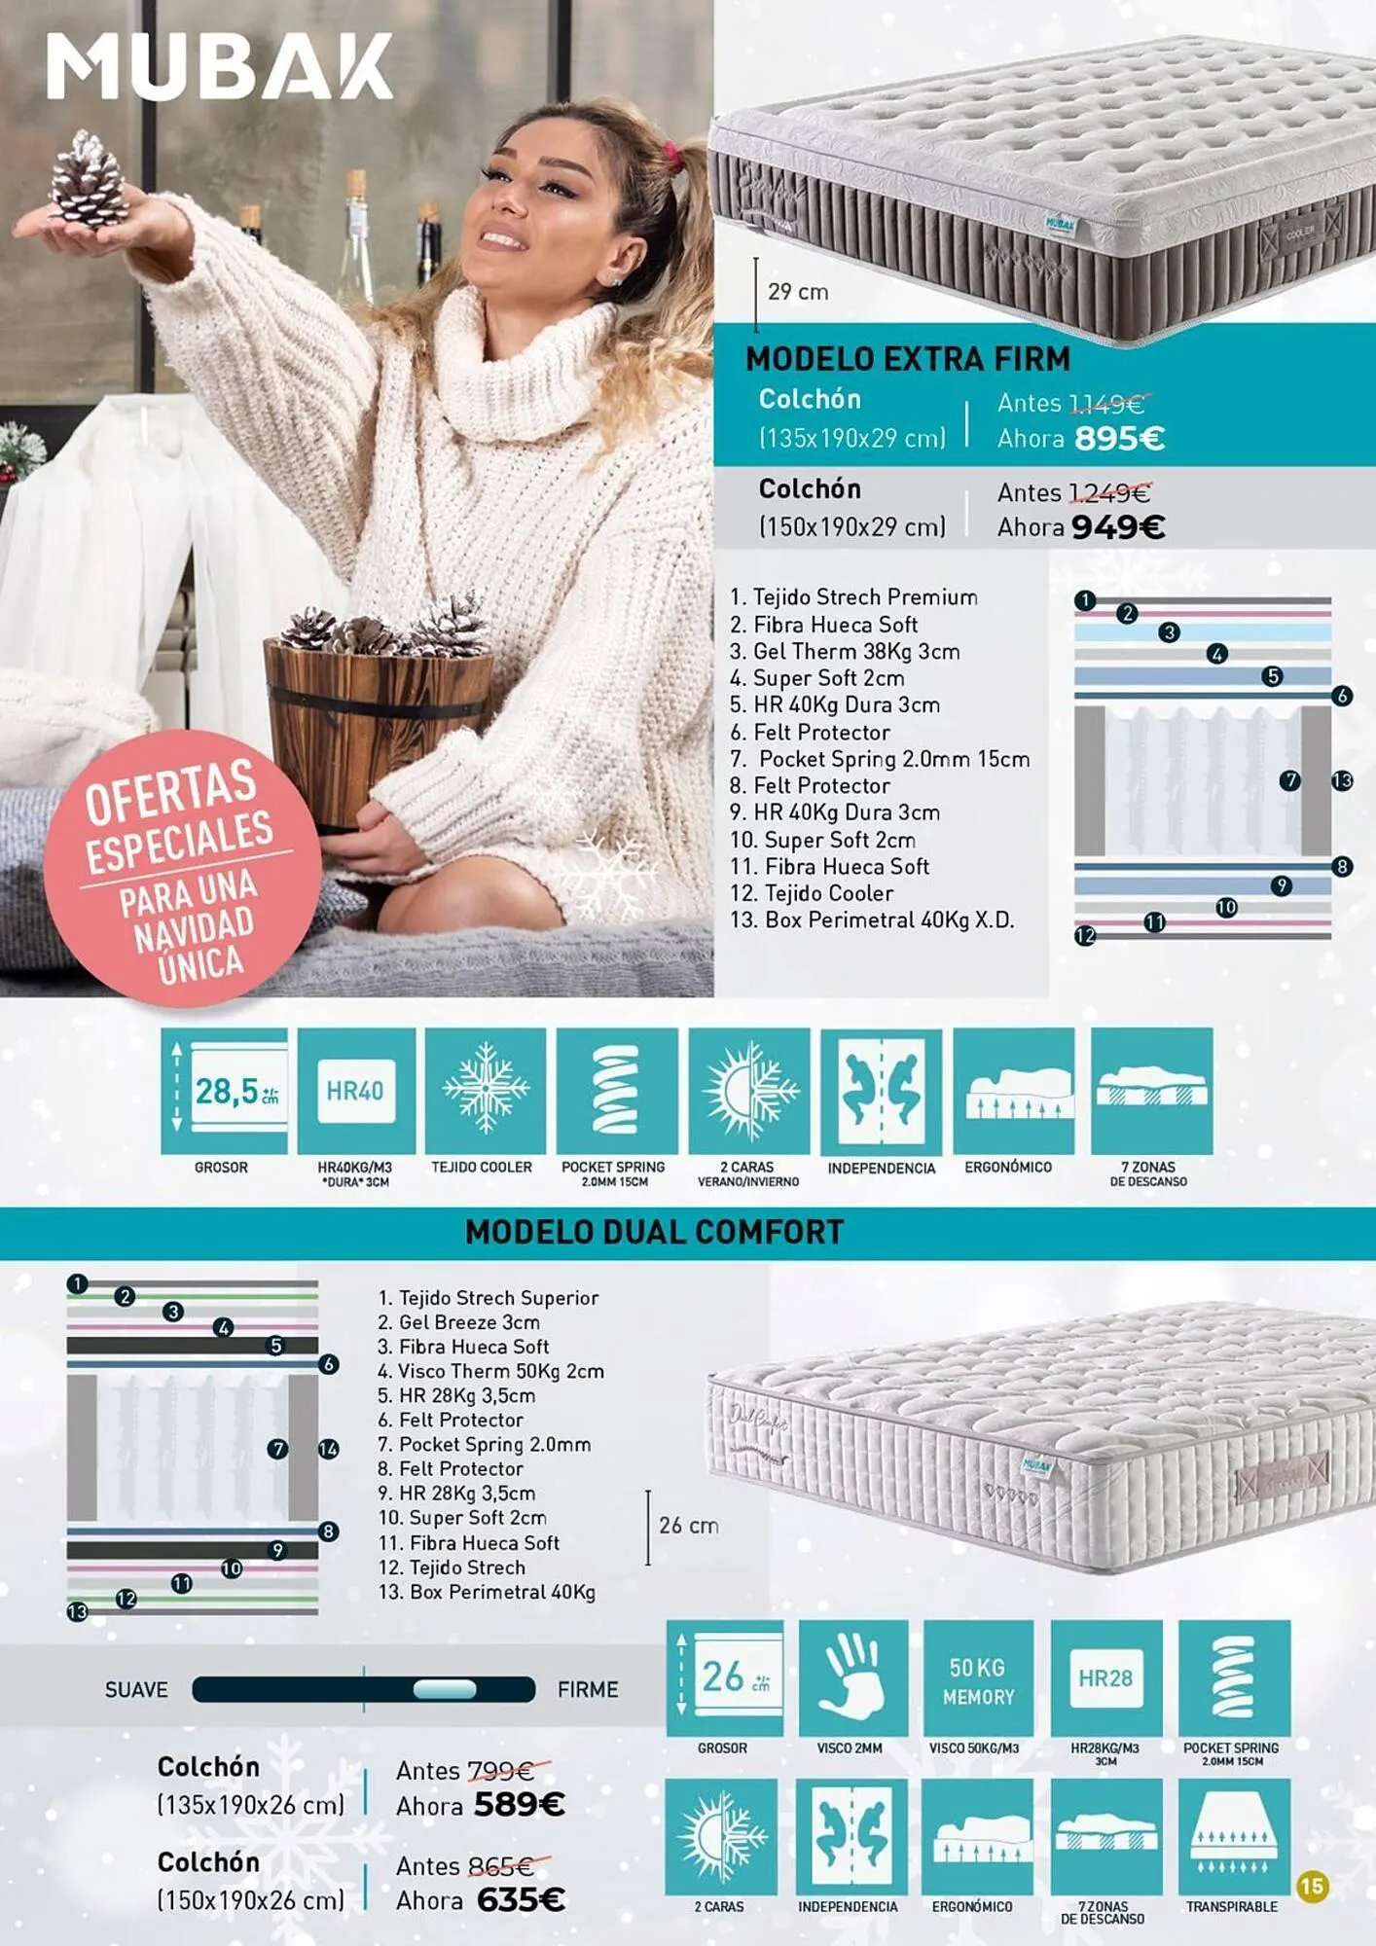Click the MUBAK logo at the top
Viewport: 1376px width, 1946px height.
coord(219,66)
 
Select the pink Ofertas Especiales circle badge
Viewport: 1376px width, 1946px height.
coord(182,868)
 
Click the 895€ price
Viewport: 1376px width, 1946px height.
coord(1119,439)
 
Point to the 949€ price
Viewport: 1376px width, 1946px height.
coord(1118,527)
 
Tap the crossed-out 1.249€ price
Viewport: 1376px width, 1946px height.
coord(1109,492)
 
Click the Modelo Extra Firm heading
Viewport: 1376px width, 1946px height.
coord(908,359)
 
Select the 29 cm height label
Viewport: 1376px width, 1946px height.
coord(798,292)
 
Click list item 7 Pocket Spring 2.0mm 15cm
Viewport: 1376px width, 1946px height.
coord(880,759)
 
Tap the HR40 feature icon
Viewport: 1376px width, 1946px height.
coord(356,1091)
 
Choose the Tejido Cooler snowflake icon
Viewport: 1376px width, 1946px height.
coord(486,1091)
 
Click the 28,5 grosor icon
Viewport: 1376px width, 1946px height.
coord(224,1091)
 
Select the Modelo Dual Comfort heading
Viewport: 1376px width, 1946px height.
coord(654,1232)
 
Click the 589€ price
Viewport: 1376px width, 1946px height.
coord(520,1805)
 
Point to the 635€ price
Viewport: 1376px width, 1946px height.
coord(521,1899)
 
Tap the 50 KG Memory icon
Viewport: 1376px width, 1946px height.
coord(978,1678)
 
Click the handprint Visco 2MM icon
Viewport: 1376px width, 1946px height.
coord(853,1678)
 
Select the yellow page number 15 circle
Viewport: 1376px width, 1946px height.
coord(1313,1887)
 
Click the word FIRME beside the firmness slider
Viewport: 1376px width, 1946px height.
coord(588,1690)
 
